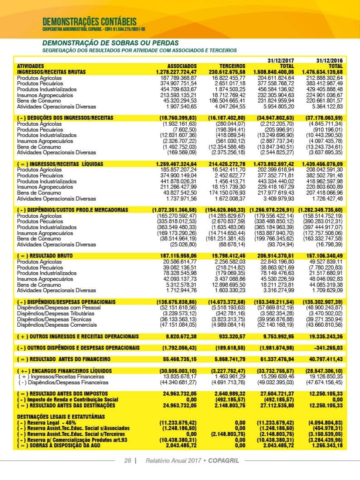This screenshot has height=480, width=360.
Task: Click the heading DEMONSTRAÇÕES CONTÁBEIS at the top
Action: coord(89,21)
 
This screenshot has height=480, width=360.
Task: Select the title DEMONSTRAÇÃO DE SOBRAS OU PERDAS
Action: coord(110,43)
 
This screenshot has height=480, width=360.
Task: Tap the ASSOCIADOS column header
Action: coord(182,66)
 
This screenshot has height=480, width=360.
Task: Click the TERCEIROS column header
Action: coord(232,66)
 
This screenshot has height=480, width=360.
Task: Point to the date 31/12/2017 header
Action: coord(281,60)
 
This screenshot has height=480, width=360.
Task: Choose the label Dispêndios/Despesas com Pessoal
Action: coord(59,307)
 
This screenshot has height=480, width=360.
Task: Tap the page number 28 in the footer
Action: coord(128,461)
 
